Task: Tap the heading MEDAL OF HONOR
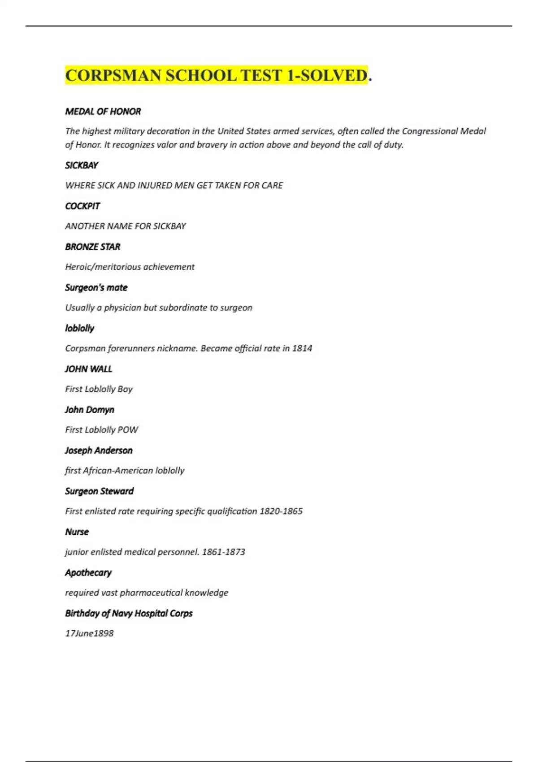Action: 103,112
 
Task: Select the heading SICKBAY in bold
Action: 81,165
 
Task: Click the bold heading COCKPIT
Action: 82,206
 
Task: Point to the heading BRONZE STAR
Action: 92,247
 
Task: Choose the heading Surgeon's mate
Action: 96,288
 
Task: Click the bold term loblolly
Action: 79,328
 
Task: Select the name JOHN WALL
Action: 88,369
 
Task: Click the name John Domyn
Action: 89,410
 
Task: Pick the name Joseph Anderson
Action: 99,450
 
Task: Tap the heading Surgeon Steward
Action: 99,491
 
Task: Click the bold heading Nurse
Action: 77,532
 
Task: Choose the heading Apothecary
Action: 88,573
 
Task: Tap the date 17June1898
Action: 89,633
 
